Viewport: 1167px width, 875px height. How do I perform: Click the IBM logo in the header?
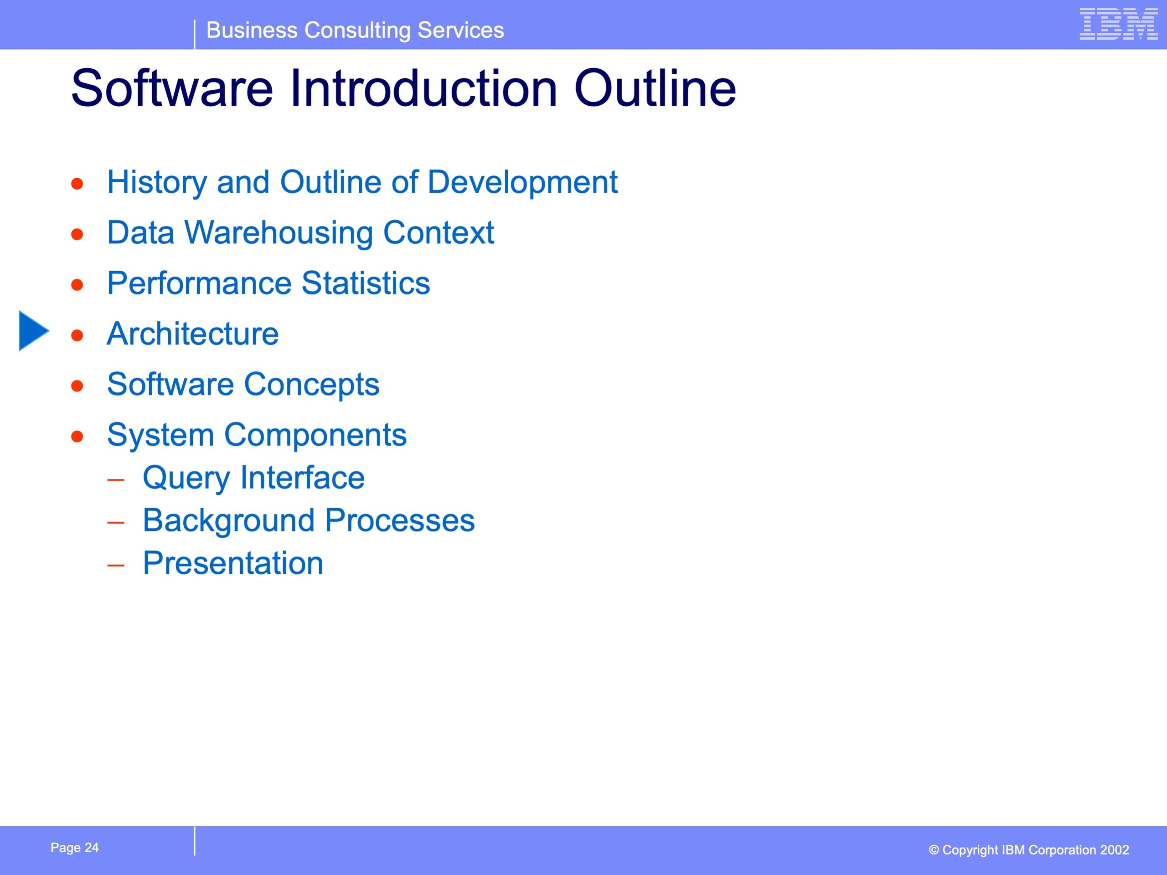pyautogui.click(x=1119, y=24)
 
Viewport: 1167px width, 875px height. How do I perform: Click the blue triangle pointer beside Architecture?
pyautogui.click(x=34, y=331)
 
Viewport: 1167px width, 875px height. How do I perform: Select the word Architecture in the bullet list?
pyautogui.click(x=192, y=334)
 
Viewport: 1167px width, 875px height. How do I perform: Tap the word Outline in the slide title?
pyautogui.click(x=655, y=87)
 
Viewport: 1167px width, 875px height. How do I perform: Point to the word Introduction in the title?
pyautogui.click(x=423, y=87)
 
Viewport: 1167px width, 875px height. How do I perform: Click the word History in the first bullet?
pyautogui.click(x=157, y=182)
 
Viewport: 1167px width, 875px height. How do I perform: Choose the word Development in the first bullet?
pyautogui.click(x=522, y=182)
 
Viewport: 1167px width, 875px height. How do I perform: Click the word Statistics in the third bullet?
pyautogui.click(x=366, y=283)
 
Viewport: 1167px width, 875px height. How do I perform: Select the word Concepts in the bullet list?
pyautogui.click(x=312, y=385)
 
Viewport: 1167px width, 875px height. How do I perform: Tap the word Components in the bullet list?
pyautogui.click(x=315, y=435)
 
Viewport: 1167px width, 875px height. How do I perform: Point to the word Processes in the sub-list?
pyautogui.click(x=400, y=520)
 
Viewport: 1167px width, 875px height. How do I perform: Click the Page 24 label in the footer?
pyautogui.click(x=74, y=847)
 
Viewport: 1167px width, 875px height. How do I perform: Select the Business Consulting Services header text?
pyautogui.click(x=355, y=30)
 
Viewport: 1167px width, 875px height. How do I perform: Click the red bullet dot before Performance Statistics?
pyautogui.click(x=77, y=285)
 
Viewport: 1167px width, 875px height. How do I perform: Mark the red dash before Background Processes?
pyautogui.click(x=115, y=523)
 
